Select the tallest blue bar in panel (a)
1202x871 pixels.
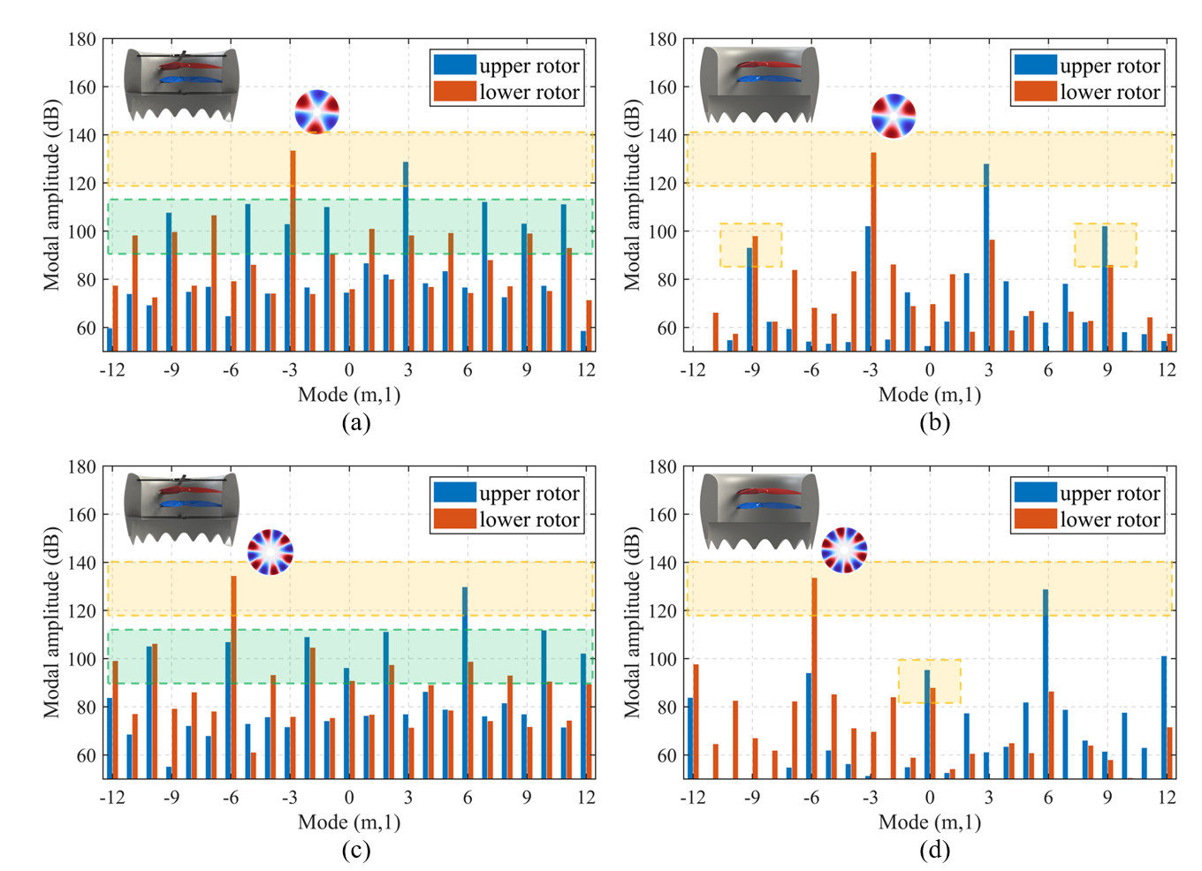[406, 256]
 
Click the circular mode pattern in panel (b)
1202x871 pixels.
[894, 116]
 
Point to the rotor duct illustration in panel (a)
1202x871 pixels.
[181, 85]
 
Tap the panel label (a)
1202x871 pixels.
[355, 422]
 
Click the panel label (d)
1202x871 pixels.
[934, 850]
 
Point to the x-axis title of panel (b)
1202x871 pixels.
[930, 394]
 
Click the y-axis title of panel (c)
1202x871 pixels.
[52, 623]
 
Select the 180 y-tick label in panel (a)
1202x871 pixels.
[82, 40]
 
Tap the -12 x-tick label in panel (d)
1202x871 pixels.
[692, 797]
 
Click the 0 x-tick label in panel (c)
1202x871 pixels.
[349, 797]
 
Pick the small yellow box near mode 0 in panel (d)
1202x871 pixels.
[929, 681]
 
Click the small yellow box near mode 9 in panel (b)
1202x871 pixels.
[1105, 245]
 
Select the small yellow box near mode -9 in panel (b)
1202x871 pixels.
[750, 245]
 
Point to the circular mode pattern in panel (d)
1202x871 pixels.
[844, 549]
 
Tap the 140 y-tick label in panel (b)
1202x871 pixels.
[662, 135]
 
